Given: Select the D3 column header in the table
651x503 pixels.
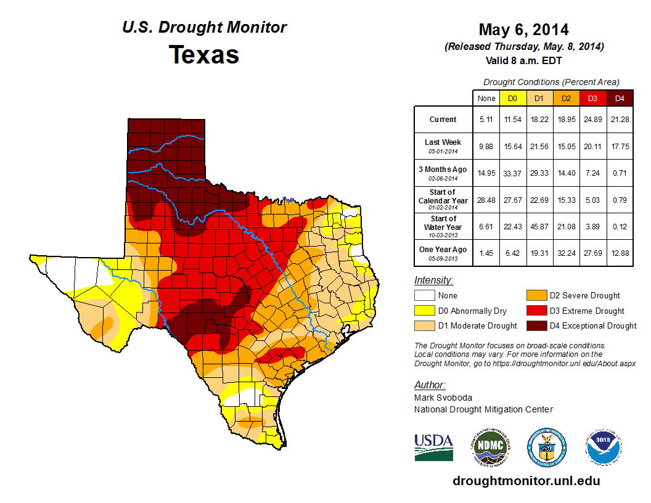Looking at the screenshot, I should [592, 98].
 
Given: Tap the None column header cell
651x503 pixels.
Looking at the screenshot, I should [486, 98].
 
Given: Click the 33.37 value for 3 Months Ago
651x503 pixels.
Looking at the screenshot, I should [512, 173].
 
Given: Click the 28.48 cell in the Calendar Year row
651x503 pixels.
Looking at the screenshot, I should [486, 200].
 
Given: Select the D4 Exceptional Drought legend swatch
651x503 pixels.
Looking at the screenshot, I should [536, 325].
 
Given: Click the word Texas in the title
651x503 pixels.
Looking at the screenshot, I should [204, 55].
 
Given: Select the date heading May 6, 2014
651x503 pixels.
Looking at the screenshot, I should [523, 30].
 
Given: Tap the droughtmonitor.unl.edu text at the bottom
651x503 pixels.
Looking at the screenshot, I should [526, 481].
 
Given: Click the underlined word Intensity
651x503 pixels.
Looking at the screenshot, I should [433, 280].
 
